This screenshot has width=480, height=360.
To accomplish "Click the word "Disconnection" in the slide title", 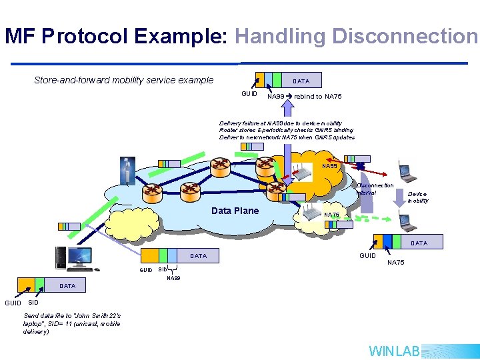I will pos(405,36).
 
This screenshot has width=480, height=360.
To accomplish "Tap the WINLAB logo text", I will pos(394,351).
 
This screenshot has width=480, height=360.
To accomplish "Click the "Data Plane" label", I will pos(234,211).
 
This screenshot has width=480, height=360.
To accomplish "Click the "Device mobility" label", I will pos(417,197).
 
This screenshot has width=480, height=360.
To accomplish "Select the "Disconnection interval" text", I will pos(375,189).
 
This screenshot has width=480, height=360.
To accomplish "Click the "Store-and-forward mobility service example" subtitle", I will pos(124,80).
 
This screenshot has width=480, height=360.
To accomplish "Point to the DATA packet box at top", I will pos(301,81).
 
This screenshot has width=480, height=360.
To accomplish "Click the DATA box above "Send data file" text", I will pos(67,286).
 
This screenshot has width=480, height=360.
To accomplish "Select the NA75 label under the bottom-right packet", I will pos(395,263).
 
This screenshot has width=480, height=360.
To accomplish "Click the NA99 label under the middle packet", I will pos(173,277).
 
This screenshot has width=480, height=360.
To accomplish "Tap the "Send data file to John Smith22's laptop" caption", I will pos(72,323).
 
